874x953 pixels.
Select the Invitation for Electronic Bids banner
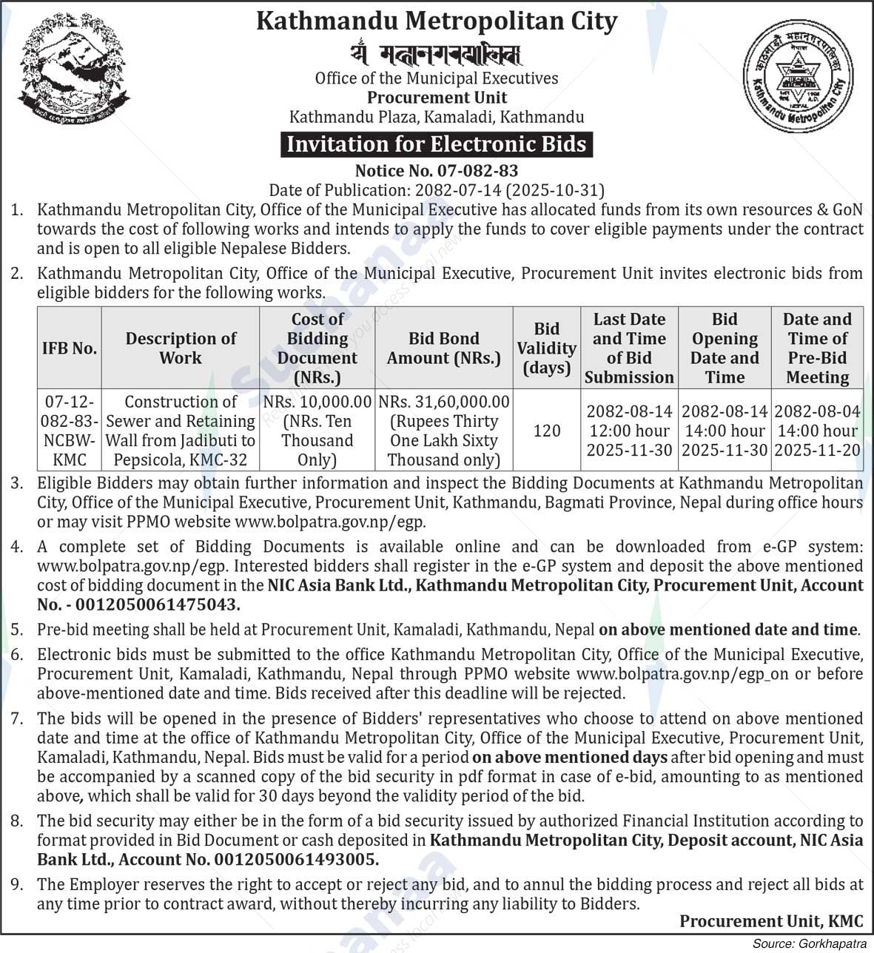coord(436,144)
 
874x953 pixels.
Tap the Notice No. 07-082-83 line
coord(436,172)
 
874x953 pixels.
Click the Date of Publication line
coord(436,190)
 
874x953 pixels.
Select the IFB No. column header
coord(70,348)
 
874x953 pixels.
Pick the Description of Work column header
coord(181,348)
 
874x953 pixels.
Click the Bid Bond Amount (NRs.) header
coord(444,348)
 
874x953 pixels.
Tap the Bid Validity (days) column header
coord(546,348)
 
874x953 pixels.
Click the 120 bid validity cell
coord(546,431)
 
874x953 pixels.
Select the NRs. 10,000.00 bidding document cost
coord(317,402)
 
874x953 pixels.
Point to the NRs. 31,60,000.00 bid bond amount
coord(444,402)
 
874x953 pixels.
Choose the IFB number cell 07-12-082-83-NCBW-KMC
coord(70,431)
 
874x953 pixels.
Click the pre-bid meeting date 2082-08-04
coord(817,411)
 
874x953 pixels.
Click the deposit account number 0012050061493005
coord(296,860)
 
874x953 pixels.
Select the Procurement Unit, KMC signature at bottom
coord(771,921)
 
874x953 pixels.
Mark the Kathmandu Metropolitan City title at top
coord(436,21)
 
